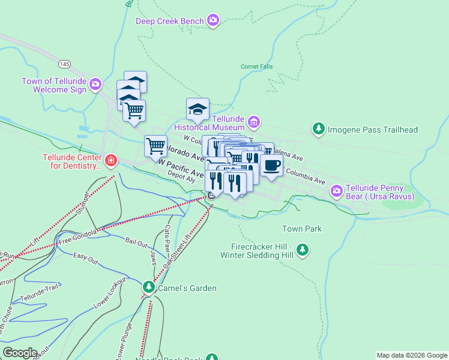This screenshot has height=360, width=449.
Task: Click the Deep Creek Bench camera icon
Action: pyautogui.click(x=213, y=22)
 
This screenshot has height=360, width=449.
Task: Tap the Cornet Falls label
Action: pyautogui.click(x=256, y=67)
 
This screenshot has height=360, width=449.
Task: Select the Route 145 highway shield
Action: pyautogui.click(x=65, y=64)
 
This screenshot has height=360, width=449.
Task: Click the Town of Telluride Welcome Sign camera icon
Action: pyautogui.click(x=95, y=85)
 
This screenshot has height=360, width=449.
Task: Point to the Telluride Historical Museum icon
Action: pyautogui.click(x=254, y=122)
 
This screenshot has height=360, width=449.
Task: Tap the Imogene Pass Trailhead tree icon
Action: pyautogui.click(x=318, y=129)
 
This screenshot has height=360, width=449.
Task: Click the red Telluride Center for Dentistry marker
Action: pyautogui.click(x=110, y=161)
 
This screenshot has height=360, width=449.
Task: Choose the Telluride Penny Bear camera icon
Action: pyautogui.click(x=337, y=191)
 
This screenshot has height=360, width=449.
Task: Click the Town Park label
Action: pyautogui.click(x=302, y=229)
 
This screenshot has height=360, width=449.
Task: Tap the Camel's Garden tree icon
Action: pyautogui.click(x=148, y=288)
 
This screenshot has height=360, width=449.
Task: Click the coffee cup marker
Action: pyautogui.click(x=271, y=166)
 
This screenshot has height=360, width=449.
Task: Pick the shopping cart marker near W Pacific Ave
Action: pyautogui.click(x=155, y=146)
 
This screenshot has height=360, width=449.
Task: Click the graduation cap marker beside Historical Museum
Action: pyautogui.click(x=197, y=109)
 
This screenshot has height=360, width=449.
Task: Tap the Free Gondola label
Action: pyautogui.click(x=77, y=241)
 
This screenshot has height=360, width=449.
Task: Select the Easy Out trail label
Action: pyautogui.click(x=85, y=259)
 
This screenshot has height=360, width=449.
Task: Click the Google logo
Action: pyautogui.click(x=20, y=352)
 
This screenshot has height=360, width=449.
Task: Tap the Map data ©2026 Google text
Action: pyautogui.click(x=411, y=355)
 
